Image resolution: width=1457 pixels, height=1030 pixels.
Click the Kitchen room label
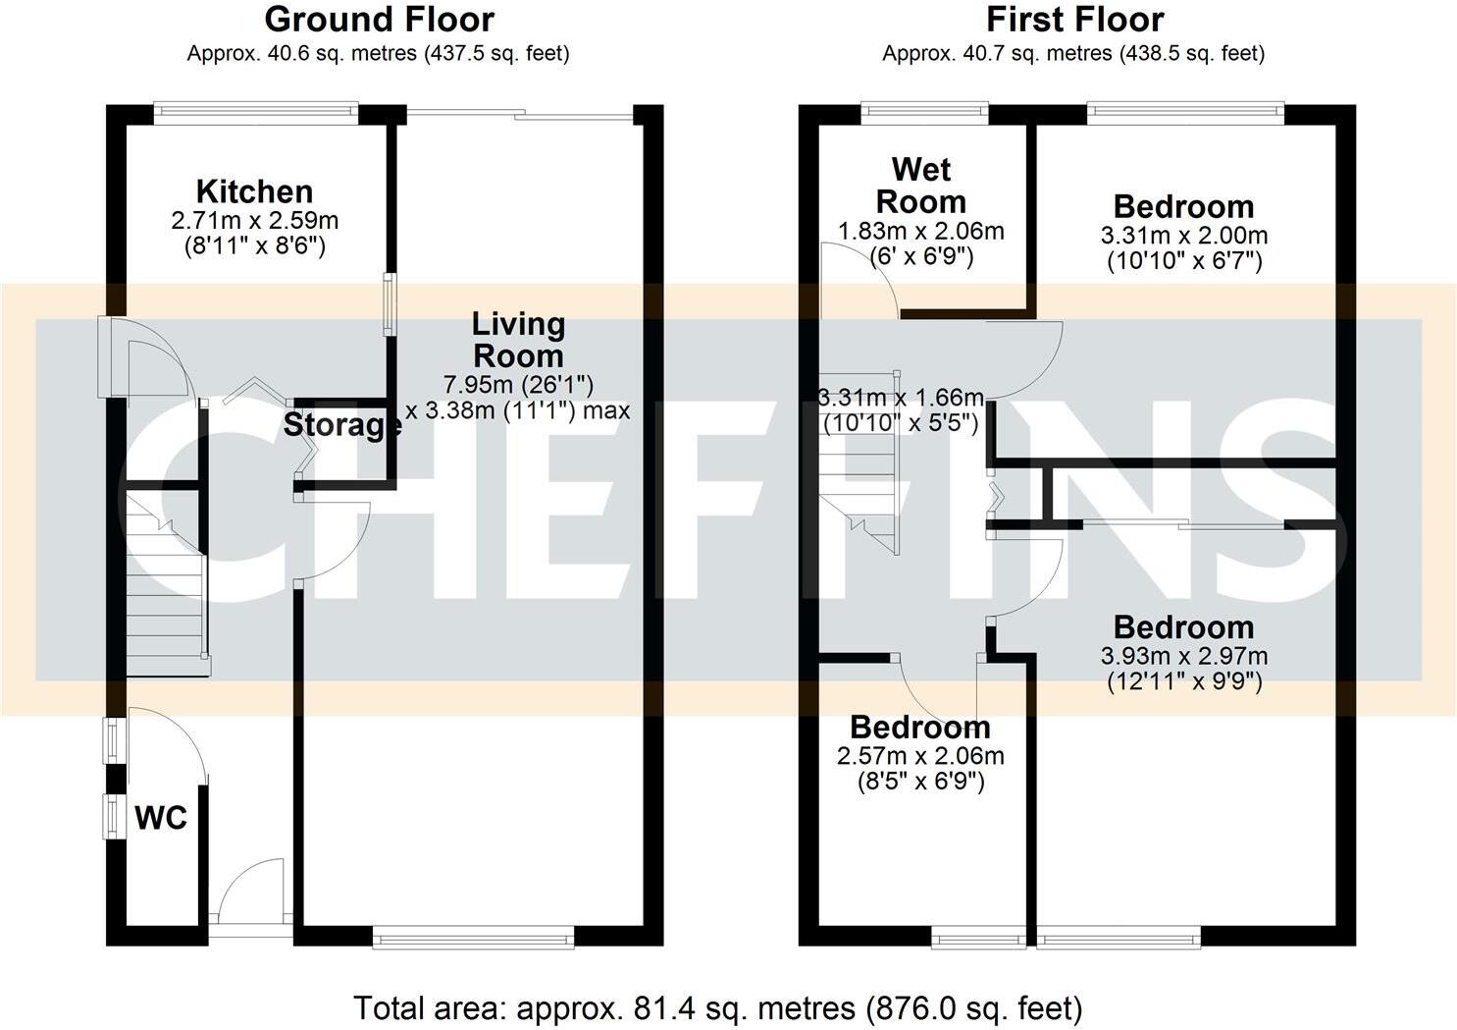(254, 190)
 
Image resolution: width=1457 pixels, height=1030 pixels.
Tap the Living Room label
(518, 339)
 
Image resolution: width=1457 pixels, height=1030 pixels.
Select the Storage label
(341, 425)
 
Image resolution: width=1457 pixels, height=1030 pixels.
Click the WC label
(161, 817)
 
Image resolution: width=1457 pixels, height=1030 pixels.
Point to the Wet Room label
(920, 186)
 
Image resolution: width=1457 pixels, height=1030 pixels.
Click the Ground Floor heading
(379, 19)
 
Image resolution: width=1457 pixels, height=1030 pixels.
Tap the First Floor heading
(1074, 19)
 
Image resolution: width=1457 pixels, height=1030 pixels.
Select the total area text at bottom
(717, 1007)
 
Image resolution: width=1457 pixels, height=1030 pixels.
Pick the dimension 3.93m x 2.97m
(1183, 656)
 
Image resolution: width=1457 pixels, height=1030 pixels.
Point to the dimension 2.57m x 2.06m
(920, 756)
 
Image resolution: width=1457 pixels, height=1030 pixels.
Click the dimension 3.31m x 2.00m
(1183, 236)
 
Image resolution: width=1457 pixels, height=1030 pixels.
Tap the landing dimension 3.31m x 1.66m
(901, 398)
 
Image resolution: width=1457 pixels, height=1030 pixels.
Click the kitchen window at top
(256, 112)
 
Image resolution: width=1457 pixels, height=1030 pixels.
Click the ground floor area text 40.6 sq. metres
(378, 53)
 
